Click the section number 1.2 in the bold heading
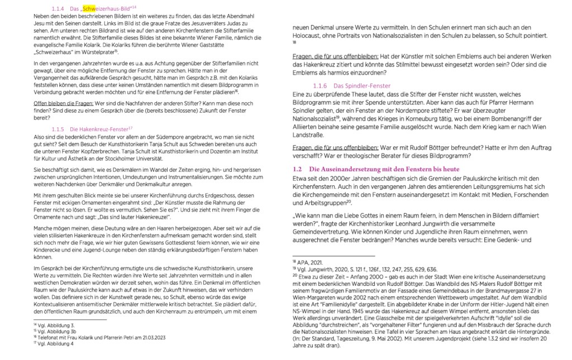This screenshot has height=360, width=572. click(298, 169)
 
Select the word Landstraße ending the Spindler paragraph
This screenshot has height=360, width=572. click(311, 135)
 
